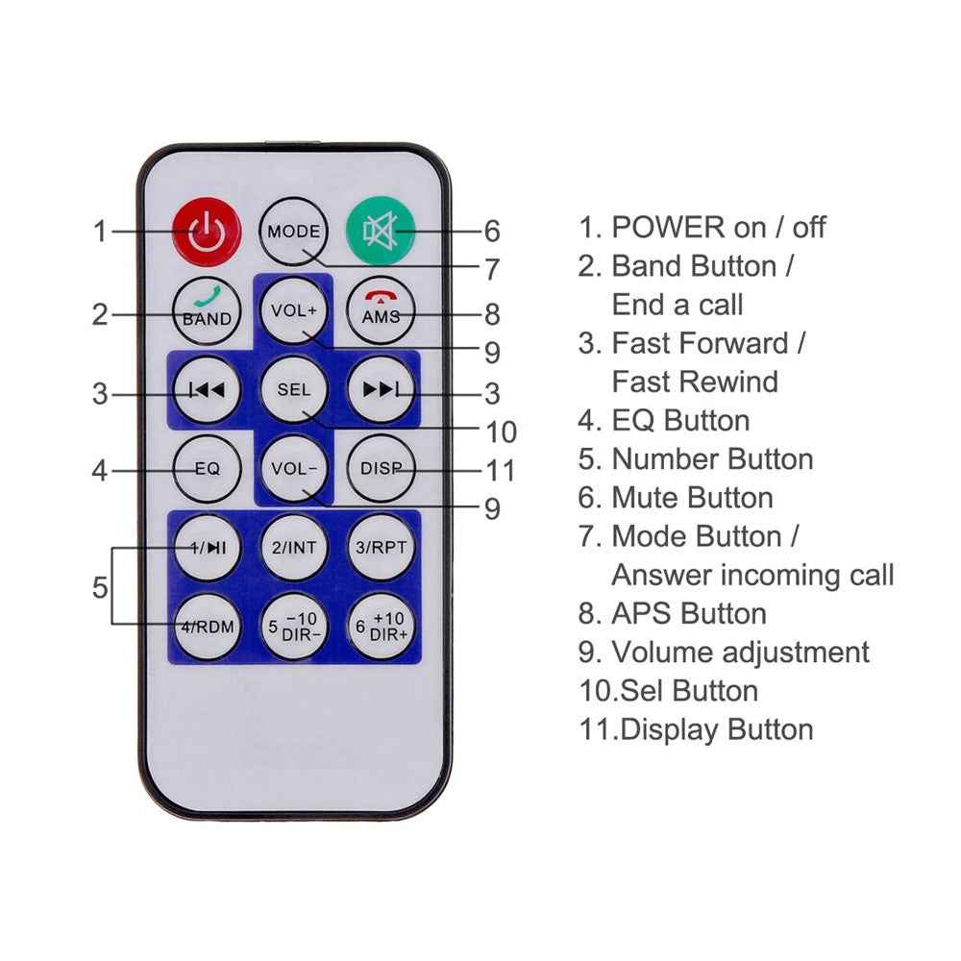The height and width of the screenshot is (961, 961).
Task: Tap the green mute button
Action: [381, 231]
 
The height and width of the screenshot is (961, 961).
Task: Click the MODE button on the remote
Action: [293, 231]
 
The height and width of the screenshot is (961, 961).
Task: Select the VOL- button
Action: [293, 468]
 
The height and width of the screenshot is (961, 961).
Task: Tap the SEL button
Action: [293, 389]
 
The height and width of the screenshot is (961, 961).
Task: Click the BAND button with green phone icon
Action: [207, 310]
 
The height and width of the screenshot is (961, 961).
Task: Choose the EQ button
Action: [207, 469]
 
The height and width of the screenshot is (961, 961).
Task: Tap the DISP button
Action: [382, 469]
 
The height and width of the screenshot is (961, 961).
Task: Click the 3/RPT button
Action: [382, 548]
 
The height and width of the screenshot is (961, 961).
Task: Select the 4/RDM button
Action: [208, 627]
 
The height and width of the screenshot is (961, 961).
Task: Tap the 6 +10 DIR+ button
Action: [382, 627]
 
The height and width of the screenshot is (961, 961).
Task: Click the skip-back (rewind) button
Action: [208, 390]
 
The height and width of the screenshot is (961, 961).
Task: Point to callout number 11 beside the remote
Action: [500, 471]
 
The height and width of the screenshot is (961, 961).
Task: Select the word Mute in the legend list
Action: [647, 498]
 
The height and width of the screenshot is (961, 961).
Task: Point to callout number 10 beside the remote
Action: [501, 432]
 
